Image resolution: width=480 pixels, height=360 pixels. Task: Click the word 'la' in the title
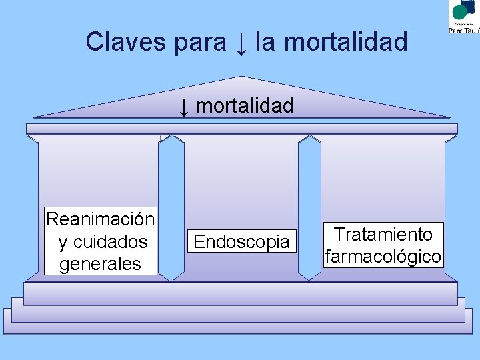tap(264, 42)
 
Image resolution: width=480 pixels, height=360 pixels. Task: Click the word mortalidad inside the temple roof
tap(245, 105)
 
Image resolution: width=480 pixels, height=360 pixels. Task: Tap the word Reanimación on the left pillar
tap(100, 218)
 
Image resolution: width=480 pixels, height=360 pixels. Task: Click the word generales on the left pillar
tap(100, 264)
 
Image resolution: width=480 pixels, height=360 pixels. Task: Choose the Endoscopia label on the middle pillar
tap(241, 241)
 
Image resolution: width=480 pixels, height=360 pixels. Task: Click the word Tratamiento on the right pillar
tap(383, 234)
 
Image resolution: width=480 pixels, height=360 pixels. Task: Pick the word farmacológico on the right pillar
tap(383, 256)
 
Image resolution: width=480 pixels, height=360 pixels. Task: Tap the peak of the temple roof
tap(241, 78)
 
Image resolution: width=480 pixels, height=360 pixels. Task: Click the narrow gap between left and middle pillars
tap(171, 207)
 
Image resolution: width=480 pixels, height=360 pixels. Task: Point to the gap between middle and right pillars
tap(309, 207)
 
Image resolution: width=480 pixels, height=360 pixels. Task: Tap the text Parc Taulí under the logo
tap(463, 29)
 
